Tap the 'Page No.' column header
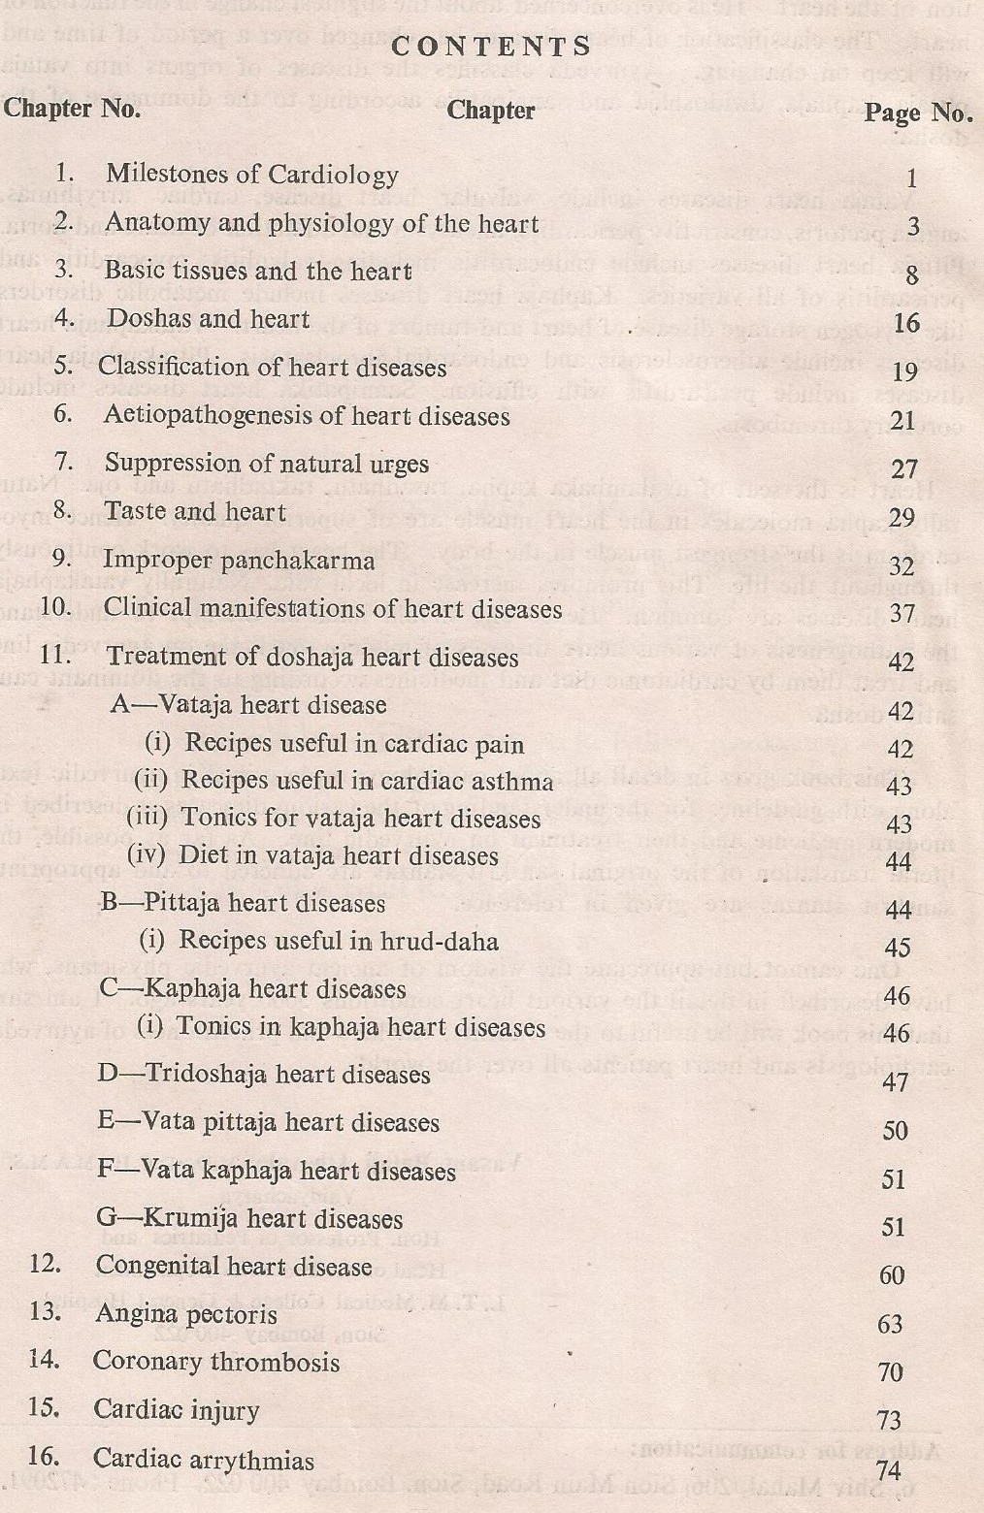click(x=918, y=113)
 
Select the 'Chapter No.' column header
click(x=72, y=108)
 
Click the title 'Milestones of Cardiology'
click(x=251, y=174)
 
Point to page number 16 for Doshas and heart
click(x=906, y=322)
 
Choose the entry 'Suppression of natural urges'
click(x=266, y=464)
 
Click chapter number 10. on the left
click(x=57, y=607)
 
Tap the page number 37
click(x=902, y=613)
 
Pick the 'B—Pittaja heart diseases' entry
click(x=243, y=903)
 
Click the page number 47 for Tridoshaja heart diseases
click(x=895, y=1081)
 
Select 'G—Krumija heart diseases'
click(x=249, y=1218)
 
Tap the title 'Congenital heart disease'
click(x=233, y=1267)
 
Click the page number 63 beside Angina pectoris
click(x=891, y=1324)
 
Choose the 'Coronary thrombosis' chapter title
click(x=215, y=1362)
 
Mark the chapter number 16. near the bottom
click(x=45, y=1457)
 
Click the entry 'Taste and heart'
click(x=195, y=511)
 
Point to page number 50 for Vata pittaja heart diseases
click(x=895, y=1130)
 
